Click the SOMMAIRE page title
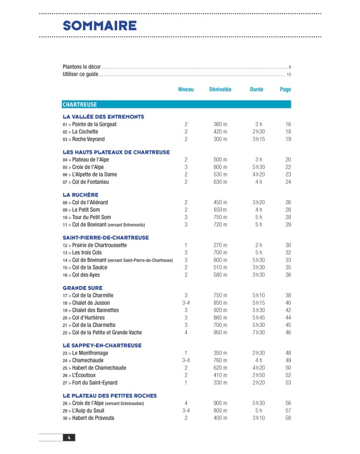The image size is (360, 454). pyautogui.click(x=99, y=26)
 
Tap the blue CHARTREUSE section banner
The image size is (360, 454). pyautogui.click(x=177, y=104)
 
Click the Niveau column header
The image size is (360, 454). pyautogui.click(x=186, y=89)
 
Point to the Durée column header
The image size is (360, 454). pyautogui.click(x=257, y=89)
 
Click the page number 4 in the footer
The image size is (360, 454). pyautogui.click(x=69, y=437)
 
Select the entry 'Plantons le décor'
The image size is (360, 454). pyautogui.click(x=81, y=66)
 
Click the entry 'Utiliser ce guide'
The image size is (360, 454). pyautogui.click(x=80, y=74)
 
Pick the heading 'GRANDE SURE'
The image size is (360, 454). pyautogui.click(x=83, y=288)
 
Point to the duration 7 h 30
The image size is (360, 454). pyautogui.click(x=258, y=333)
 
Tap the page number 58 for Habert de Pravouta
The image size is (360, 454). pyautogui.click(x=288, y=418)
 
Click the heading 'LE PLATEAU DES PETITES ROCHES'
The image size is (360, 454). pyautogui.click(x=110, y=396)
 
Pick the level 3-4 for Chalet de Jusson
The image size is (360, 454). pyautogui.click(x=186, y=303)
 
